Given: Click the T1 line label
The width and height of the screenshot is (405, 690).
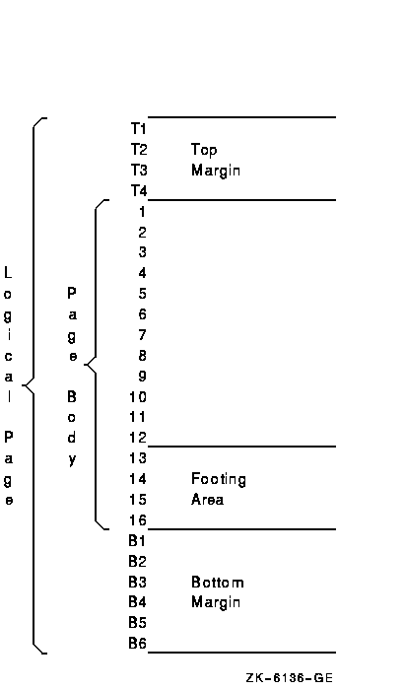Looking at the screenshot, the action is (x=139, y=128).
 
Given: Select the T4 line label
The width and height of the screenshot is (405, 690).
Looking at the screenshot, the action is (x=139, y=190).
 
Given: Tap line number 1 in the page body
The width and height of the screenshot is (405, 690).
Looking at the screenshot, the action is (x=142, y=212).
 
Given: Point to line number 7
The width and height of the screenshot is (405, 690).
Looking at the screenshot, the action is (x=142, y=335).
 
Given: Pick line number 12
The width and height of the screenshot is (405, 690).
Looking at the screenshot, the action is (x=138, y=438).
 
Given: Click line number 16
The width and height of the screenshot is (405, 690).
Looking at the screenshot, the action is (x=138, y=520).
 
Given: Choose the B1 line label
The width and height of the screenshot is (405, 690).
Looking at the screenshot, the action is (x=137, y=541).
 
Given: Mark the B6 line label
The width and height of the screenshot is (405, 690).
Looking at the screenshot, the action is (x=138, y=644).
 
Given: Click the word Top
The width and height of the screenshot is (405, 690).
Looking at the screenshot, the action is (x=204, y=151).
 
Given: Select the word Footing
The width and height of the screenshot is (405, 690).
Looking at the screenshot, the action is (x=219, y=480).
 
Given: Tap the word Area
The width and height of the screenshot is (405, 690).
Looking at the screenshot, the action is (x=207, y=500).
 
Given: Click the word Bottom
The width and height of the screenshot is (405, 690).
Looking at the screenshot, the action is (x=217, y=583).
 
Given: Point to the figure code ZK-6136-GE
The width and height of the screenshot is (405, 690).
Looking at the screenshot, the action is (x=290, y=678).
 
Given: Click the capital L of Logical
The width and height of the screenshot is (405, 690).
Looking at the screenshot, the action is (x=8, y=273).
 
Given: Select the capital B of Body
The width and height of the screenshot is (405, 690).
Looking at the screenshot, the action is (x=72, y=397).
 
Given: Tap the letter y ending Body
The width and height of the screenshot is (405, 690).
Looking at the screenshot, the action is (x=72, y=460).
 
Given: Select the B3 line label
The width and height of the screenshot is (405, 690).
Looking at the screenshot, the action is (x=138, y=582).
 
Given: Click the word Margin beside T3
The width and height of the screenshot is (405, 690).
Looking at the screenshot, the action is (x=216, y=171).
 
